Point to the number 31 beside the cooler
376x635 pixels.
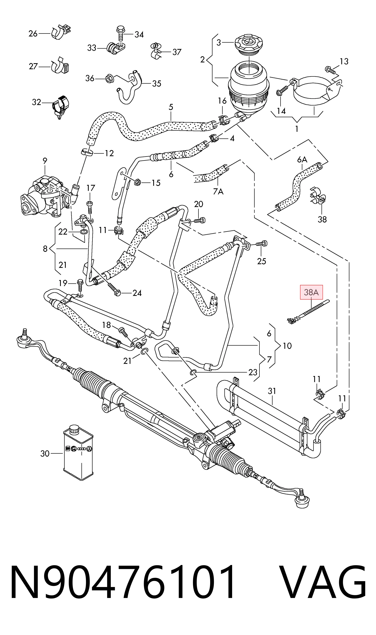coord(272,391)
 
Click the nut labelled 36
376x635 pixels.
coord(109,79)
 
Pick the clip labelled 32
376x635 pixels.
coord(61,106)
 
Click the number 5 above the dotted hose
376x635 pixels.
coord(171,107)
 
